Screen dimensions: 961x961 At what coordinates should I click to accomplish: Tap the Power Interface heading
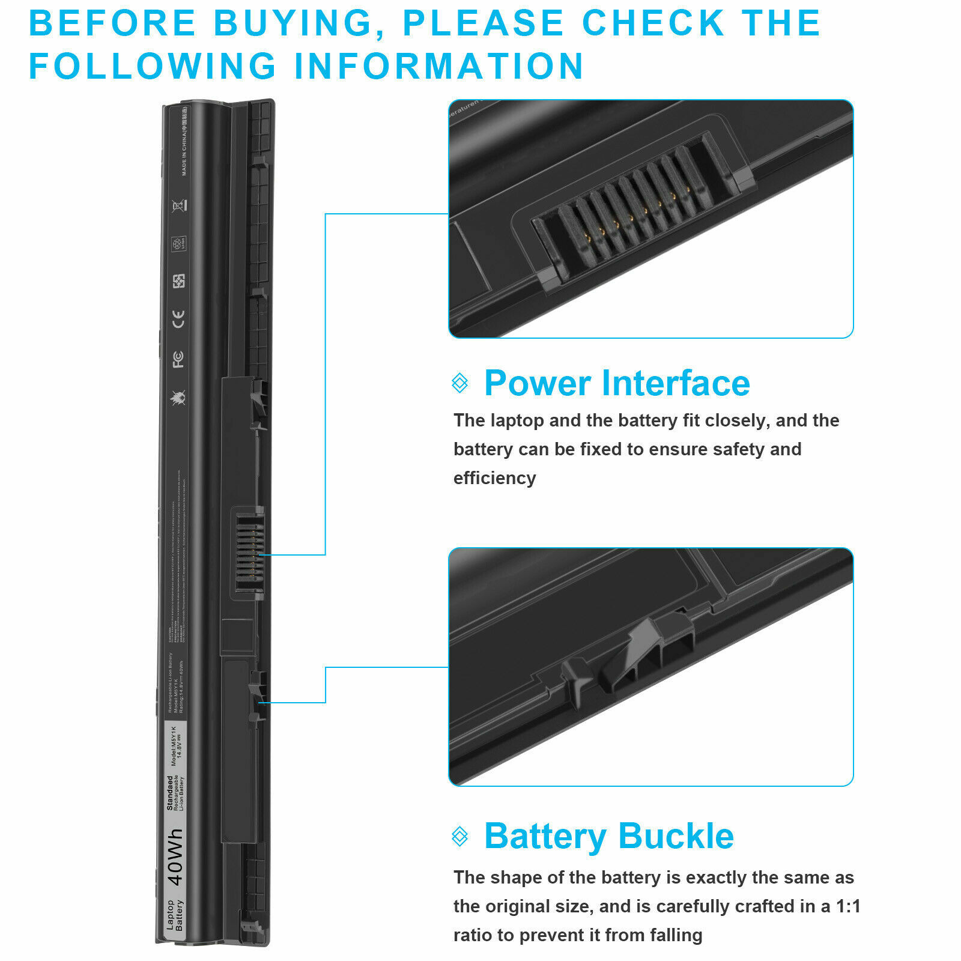tap(617, 383)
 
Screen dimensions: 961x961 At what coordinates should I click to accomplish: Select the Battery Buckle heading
tap(608, 836)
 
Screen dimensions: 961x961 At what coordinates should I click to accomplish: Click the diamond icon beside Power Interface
tap(460, 383)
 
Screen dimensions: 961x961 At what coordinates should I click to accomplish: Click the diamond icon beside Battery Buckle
tap(460, 836)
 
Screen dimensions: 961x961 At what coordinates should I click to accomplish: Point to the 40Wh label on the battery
tap(175, 857)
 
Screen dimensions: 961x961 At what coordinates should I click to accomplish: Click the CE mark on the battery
tap(178, 319)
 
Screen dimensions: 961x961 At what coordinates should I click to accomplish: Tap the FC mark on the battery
tap(178, 359)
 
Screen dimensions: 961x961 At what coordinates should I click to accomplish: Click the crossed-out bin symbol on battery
tap(179, 206)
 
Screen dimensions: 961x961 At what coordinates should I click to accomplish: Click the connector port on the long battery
tap(249, 553)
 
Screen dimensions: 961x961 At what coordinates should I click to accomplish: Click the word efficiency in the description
tap(494, 478)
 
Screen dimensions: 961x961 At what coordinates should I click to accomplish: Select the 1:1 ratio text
tap(847, 906)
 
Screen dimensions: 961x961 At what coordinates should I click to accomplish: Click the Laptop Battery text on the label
tap(175, 915)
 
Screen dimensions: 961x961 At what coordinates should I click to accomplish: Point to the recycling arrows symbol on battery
tap(179, 281)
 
